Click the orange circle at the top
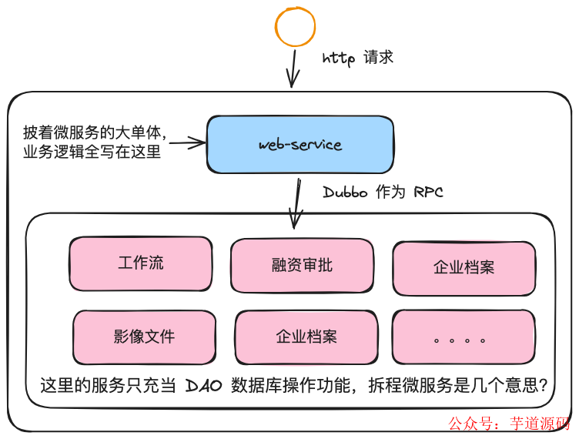[x=296, y=26]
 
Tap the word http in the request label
[x=340, y=59]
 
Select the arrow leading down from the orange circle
[x=293, y=69]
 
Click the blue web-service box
[x=300, y=145]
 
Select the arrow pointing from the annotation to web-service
[x=187, y=142]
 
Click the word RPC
[x=428, y=192]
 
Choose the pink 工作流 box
[x=141, y=263]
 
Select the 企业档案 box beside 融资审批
[x=464, y=268]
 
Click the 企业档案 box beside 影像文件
[x=306, y=337]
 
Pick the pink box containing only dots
[x=464, y=337]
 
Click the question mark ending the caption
[x=544, y=386]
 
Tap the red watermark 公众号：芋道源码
[x=509, y=424]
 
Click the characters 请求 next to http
[x=377, y=59]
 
